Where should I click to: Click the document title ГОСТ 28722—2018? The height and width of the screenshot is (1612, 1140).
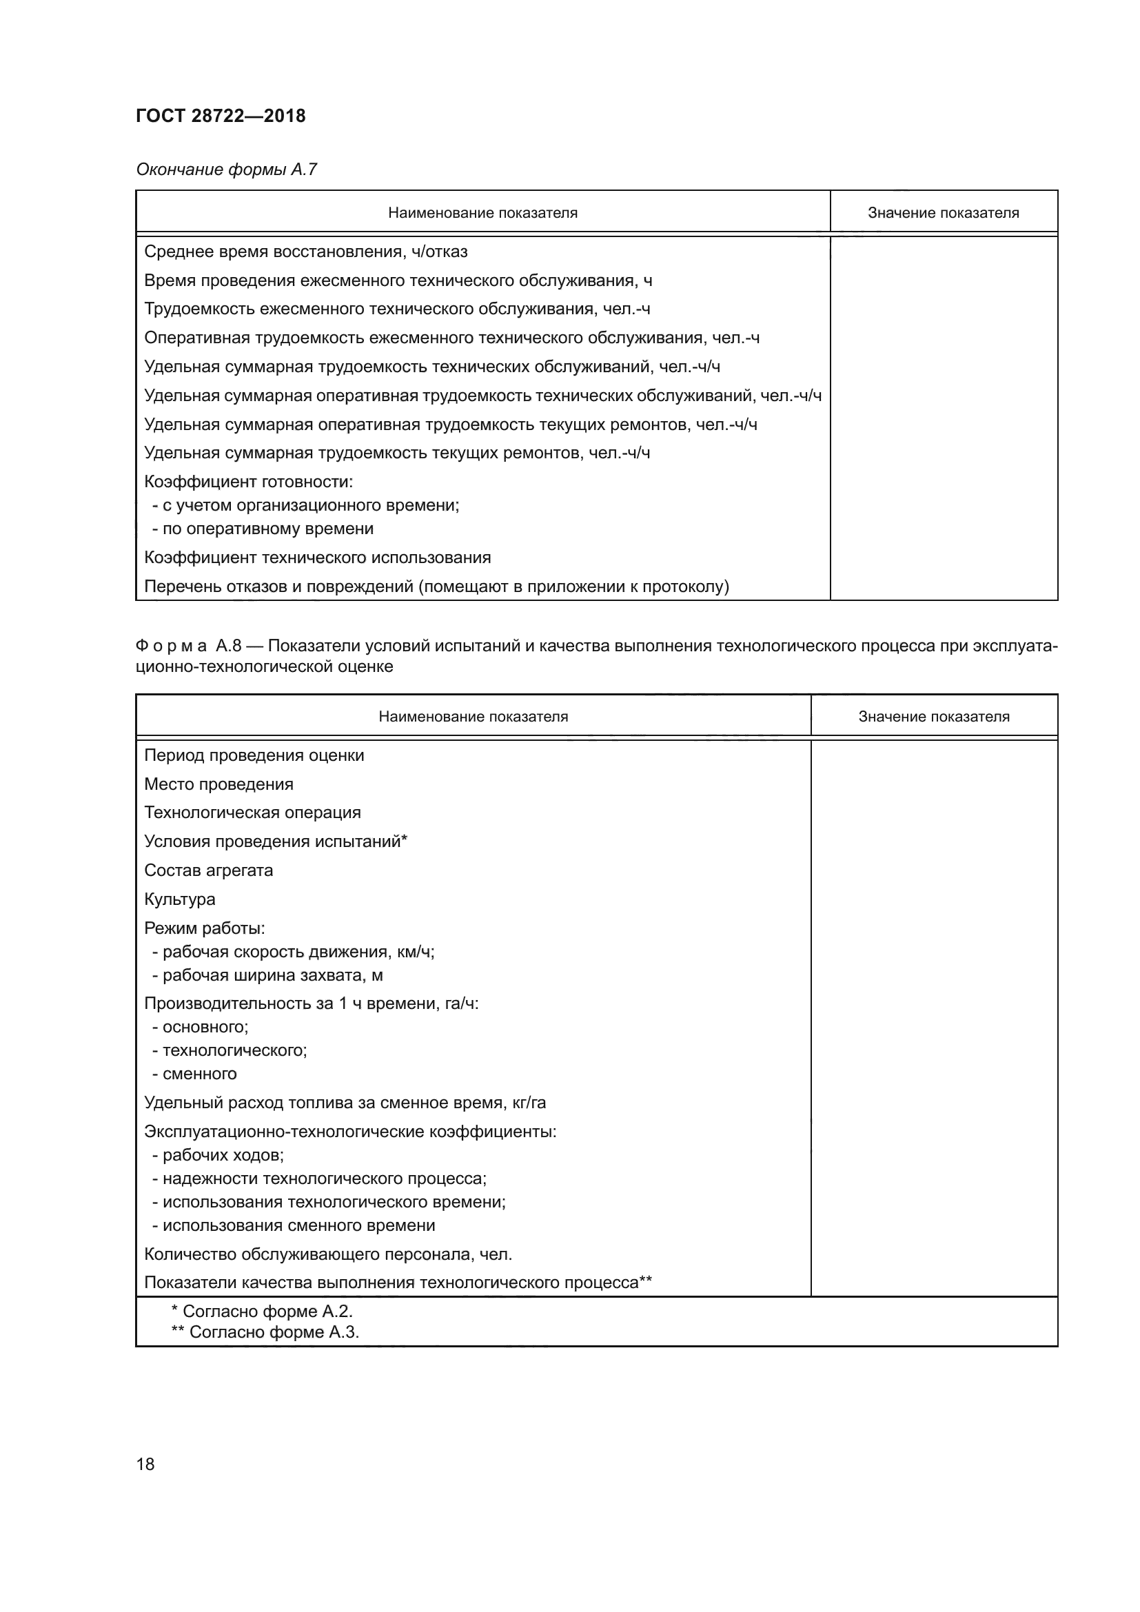221,116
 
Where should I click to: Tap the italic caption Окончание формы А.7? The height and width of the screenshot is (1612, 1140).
226,170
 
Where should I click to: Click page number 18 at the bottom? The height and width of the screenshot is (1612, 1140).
145,1464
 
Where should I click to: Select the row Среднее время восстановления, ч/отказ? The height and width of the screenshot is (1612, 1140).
305,252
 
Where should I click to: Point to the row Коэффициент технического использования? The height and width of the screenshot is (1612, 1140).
317,558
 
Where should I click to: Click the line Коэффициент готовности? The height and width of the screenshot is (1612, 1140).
249,482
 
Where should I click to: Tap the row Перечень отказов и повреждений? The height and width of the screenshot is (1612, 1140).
436,586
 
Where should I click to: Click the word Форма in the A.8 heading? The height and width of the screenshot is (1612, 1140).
172,646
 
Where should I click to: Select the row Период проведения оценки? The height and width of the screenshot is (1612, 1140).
254,755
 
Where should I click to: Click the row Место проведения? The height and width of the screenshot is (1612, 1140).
218,784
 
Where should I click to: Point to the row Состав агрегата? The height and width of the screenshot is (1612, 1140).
208,870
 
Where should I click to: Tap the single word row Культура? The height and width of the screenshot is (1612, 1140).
180,899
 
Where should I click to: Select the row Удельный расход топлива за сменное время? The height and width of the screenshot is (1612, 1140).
345,1103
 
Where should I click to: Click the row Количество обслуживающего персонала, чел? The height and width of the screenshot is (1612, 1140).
328,1254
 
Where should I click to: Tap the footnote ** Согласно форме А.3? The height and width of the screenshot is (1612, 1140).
265,1333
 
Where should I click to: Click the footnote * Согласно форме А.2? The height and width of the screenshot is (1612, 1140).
262,1312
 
